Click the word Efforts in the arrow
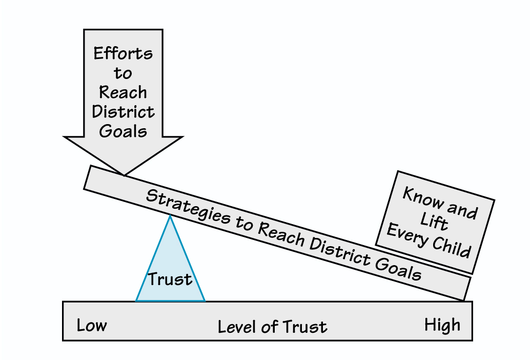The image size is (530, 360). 123,53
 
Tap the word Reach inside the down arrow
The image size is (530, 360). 123,92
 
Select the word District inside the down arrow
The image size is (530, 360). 123,111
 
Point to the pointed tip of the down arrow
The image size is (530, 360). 123,174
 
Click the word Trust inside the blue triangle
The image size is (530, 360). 170,279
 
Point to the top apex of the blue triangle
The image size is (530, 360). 170,216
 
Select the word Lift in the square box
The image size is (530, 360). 435,222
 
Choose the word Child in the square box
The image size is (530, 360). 451,247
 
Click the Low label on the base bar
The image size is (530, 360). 92,325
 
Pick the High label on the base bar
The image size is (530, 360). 442,325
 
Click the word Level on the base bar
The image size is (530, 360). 237,327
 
